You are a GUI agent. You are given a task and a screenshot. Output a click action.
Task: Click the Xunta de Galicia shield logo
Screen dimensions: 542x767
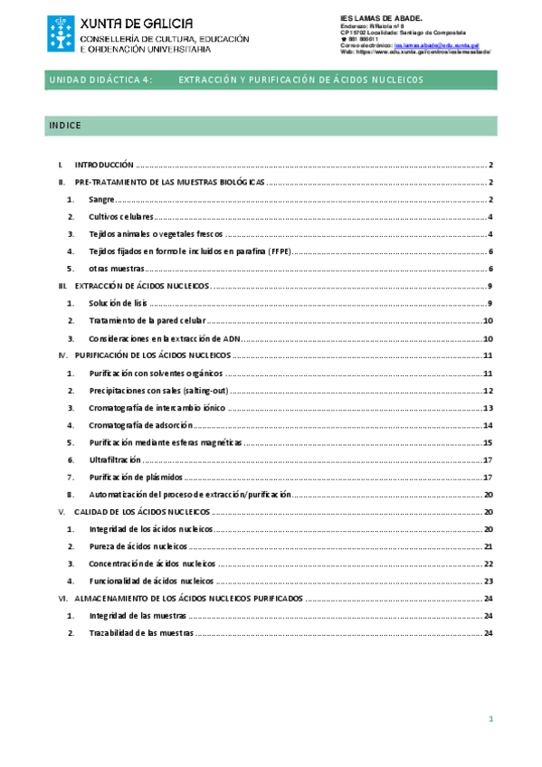(61, 33)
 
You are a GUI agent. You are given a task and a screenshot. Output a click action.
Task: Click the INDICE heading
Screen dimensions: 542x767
(65, 126)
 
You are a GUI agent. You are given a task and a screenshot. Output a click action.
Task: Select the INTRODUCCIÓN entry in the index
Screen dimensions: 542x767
(104, 166)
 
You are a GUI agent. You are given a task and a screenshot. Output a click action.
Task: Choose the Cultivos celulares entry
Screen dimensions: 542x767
(121, 217)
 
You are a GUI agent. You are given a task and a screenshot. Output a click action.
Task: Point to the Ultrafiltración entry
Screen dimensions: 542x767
(115, 459)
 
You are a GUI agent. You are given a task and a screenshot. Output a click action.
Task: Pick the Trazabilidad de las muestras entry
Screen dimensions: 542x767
(141, 633)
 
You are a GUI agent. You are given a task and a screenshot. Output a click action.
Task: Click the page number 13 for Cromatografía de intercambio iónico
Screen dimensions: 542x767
(487, 408)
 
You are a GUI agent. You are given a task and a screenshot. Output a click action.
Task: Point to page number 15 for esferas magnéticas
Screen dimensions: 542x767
(487, 442)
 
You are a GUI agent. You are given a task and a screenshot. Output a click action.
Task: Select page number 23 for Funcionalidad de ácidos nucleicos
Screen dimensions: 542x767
(487, 582)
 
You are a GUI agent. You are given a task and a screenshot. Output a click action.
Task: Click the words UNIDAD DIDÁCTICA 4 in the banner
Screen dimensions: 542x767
(100, 80)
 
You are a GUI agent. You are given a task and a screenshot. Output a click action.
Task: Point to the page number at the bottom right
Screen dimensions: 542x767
(490, 719)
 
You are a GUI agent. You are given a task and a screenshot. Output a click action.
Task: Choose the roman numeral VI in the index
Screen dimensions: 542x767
(62, 599)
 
